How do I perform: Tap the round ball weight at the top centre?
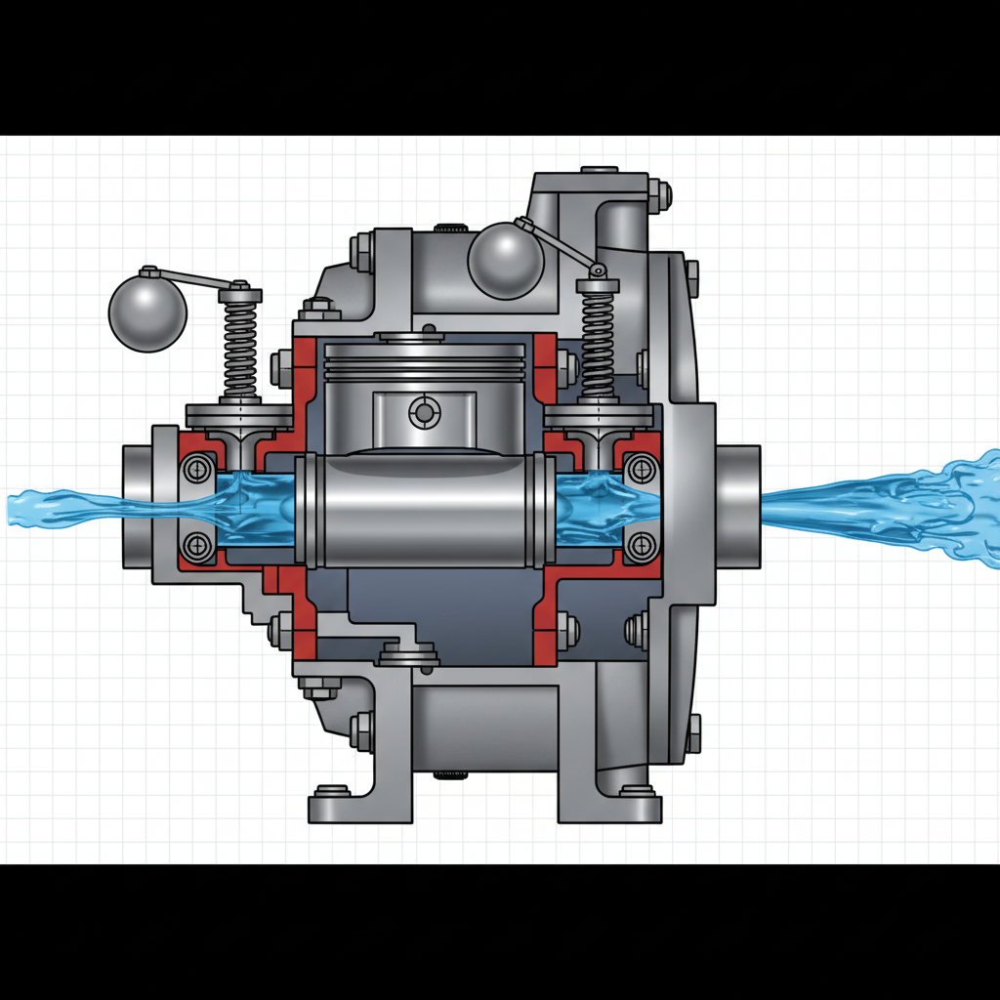505,261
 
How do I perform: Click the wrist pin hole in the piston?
424,413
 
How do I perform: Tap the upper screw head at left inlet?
198,471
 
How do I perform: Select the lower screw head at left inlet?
198,546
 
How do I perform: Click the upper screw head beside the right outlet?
641,468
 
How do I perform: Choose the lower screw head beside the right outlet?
641,545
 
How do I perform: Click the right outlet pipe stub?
738,505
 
